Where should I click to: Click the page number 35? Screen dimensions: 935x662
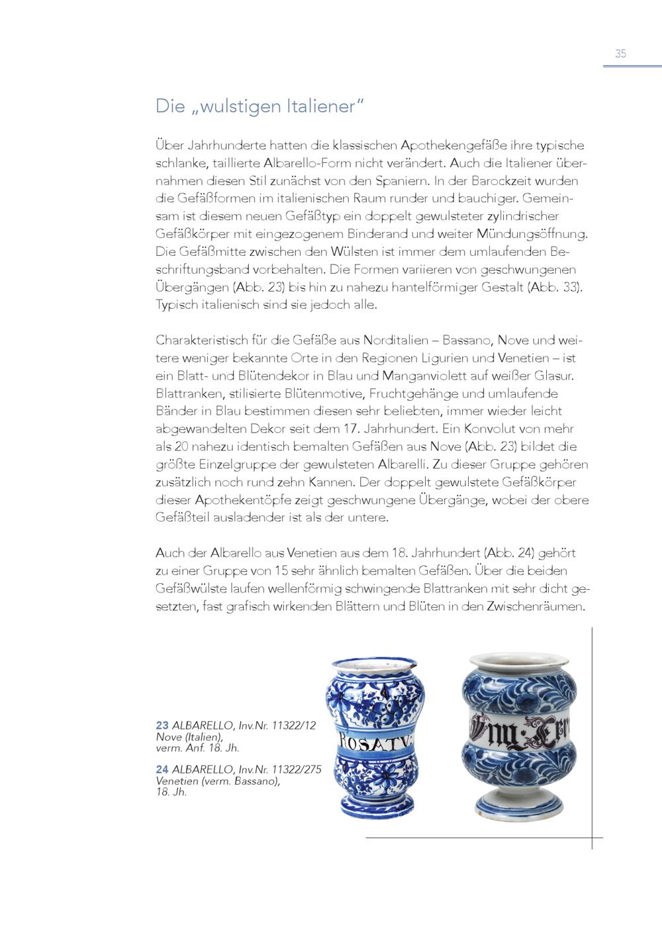(620, 54)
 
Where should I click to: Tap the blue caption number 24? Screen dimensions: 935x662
(162, 769)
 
